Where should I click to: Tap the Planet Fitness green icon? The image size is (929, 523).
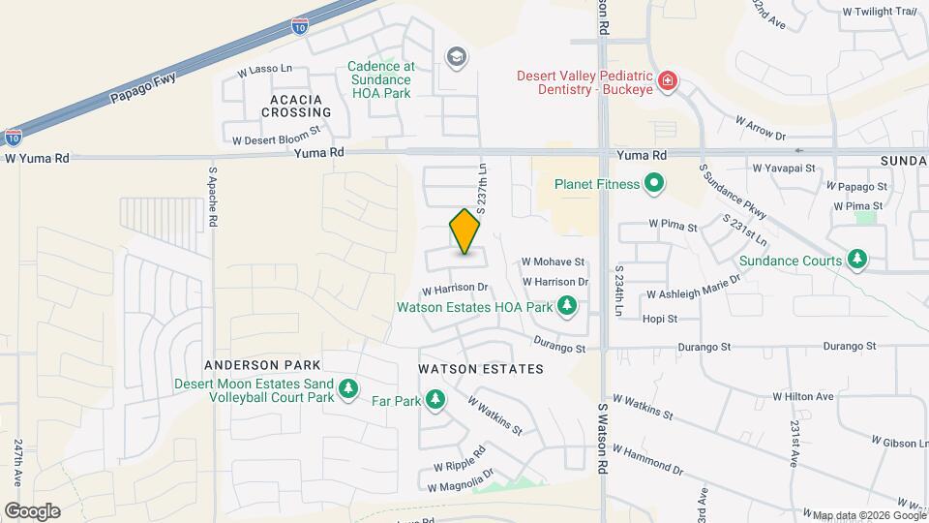[x=654, y=183]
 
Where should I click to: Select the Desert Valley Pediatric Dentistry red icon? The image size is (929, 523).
[x=666, y=80]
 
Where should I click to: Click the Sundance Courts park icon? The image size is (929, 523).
[x=856, y=260]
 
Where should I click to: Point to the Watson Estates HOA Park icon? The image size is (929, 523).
[x=567, y=308]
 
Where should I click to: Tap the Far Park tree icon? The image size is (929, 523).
[x=435, y=400]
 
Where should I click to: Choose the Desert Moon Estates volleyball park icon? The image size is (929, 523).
[x=348, y=390]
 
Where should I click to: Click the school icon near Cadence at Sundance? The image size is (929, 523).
[x=454, y=58]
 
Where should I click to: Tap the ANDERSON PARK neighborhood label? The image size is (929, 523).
[x=249, y=365]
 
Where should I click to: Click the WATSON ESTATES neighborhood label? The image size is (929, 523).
[x=481, y=369]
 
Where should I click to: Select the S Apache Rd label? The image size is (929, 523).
[x=212, y=198]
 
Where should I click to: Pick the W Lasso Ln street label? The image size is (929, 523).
[x=264, y=71]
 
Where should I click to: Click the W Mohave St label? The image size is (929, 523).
[x=554, y=261]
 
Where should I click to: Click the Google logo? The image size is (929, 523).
[x=32, y=510]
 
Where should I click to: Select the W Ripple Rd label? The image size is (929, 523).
[x=460, y=455]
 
